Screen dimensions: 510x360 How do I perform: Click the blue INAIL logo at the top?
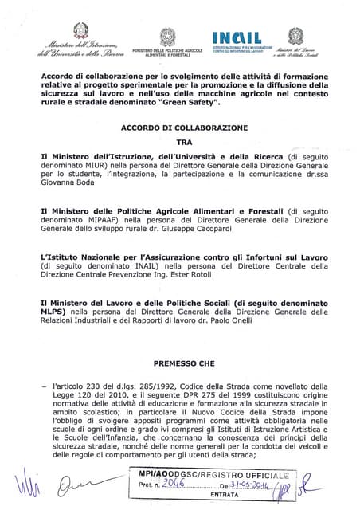[237, 38]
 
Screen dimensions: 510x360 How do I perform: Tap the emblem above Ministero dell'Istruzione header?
[80, 31]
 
